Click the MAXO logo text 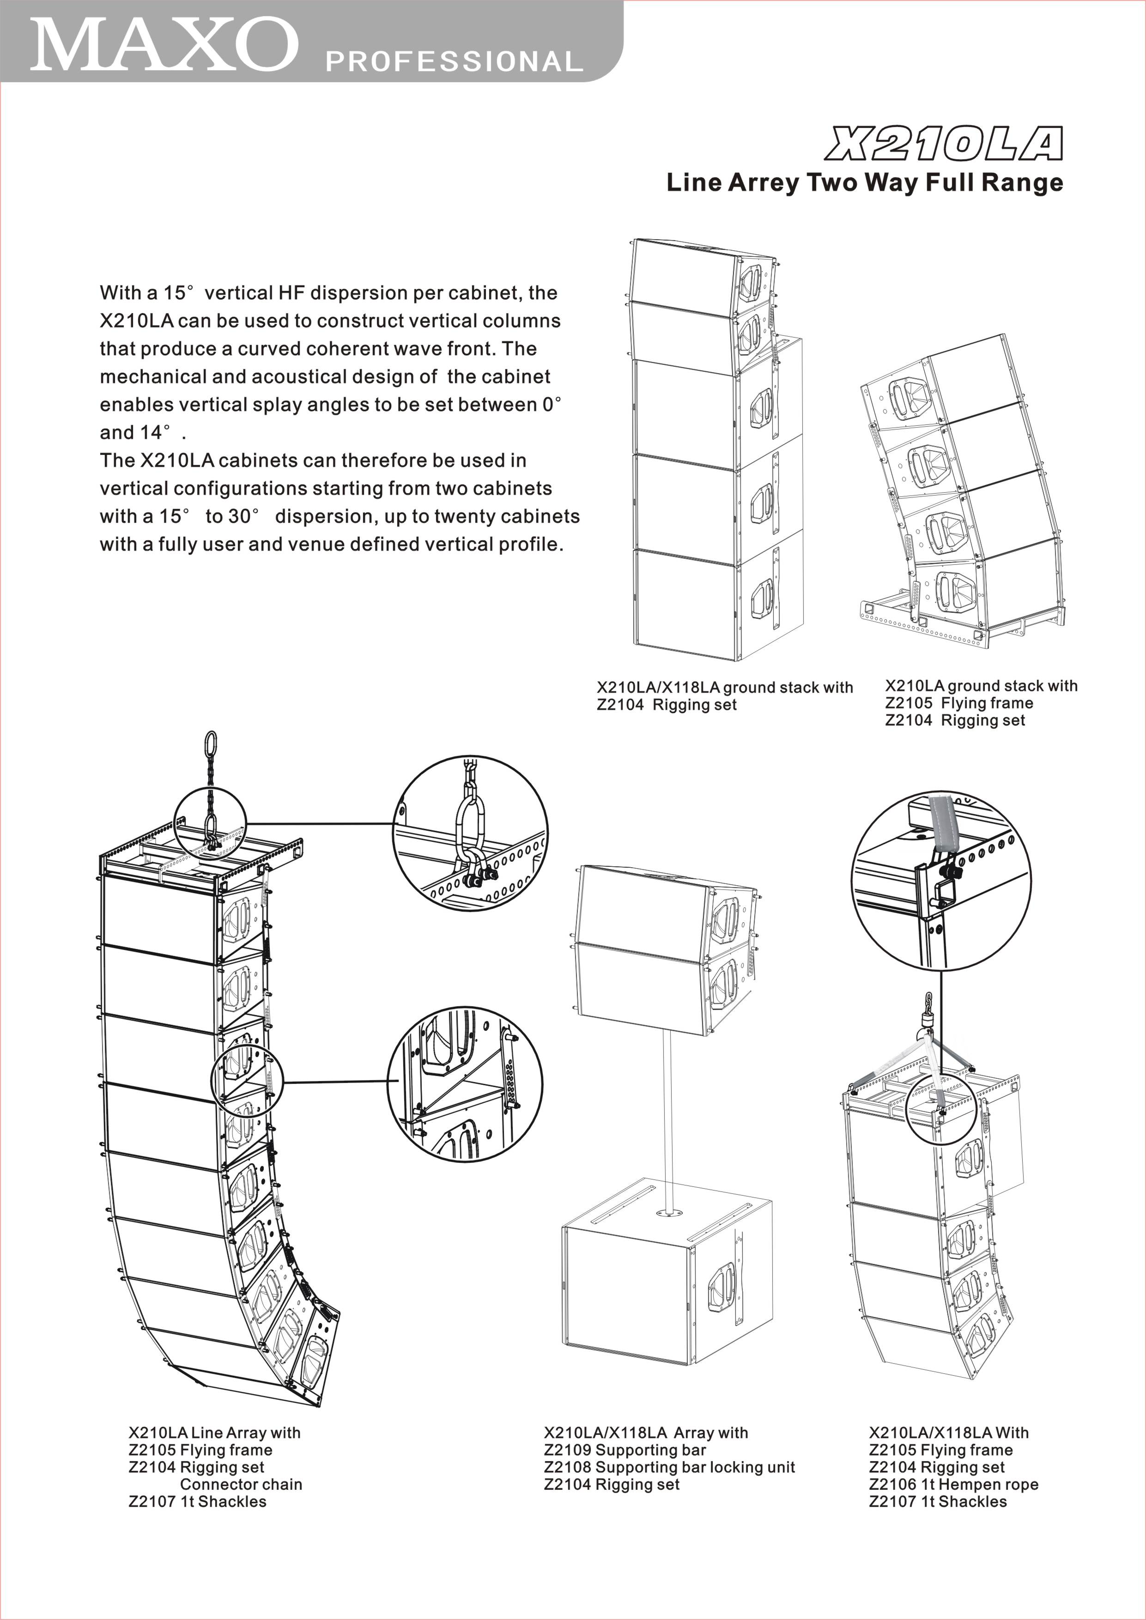(164, 44)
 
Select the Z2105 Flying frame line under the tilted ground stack (959, 703)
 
